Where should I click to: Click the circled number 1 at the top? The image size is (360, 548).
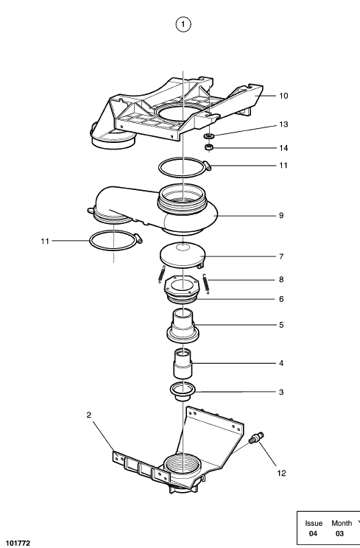(x=183, y=24)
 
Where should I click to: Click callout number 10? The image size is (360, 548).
(x=283, y=96)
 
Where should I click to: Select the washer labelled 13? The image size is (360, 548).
(x=209, y=136)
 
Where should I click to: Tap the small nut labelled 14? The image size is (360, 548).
(x=209, y=147)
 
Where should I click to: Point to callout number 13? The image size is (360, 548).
(x=283, y=124)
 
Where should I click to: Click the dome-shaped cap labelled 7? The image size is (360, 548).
(x=183, y=255)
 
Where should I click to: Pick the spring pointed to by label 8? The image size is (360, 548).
(x=206, y=284)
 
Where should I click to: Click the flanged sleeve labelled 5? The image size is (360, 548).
(x=183, y=326)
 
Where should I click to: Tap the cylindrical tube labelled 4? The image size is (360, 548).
(x=183, y=363)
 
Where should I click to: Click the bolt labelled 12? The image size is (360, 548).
(x=256, y=438)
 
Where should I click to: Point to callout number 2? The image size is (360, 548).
(x=88, y=415)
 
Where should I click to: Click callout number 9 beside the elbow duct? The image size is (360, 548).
(x=281, y=216)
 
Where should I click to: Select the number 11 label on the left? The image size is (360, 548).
(x=45, y=241)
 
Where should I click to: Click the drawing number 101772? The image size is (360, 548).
(x=18, y=543)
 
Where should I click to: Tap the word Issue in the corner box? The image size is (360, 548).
(x=314, y=523)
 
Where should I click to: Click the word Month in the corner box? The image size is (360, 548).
(x=342, y=523)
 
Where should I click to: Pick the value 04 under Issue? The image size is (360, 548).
(x=313, y=534)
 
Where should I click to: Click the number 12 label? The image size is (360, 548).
(x=281, y=473)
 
